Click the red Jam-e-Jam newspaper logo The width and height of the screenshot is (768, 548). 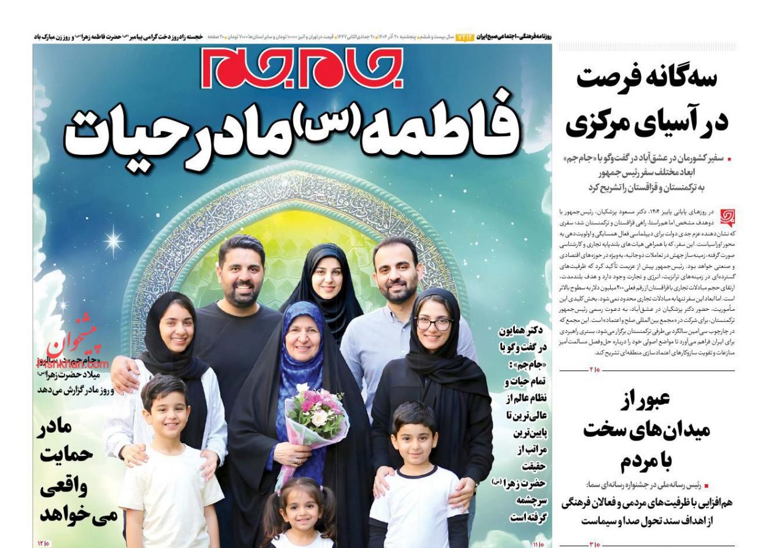pos(301,68)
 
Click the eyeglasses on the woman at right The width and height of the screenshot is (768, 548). pos(433,323)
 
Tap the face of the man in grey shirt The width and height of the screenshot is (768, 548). pos(396,273)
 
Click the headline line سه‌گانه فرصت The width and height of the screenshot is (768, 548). pos(651,80)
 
